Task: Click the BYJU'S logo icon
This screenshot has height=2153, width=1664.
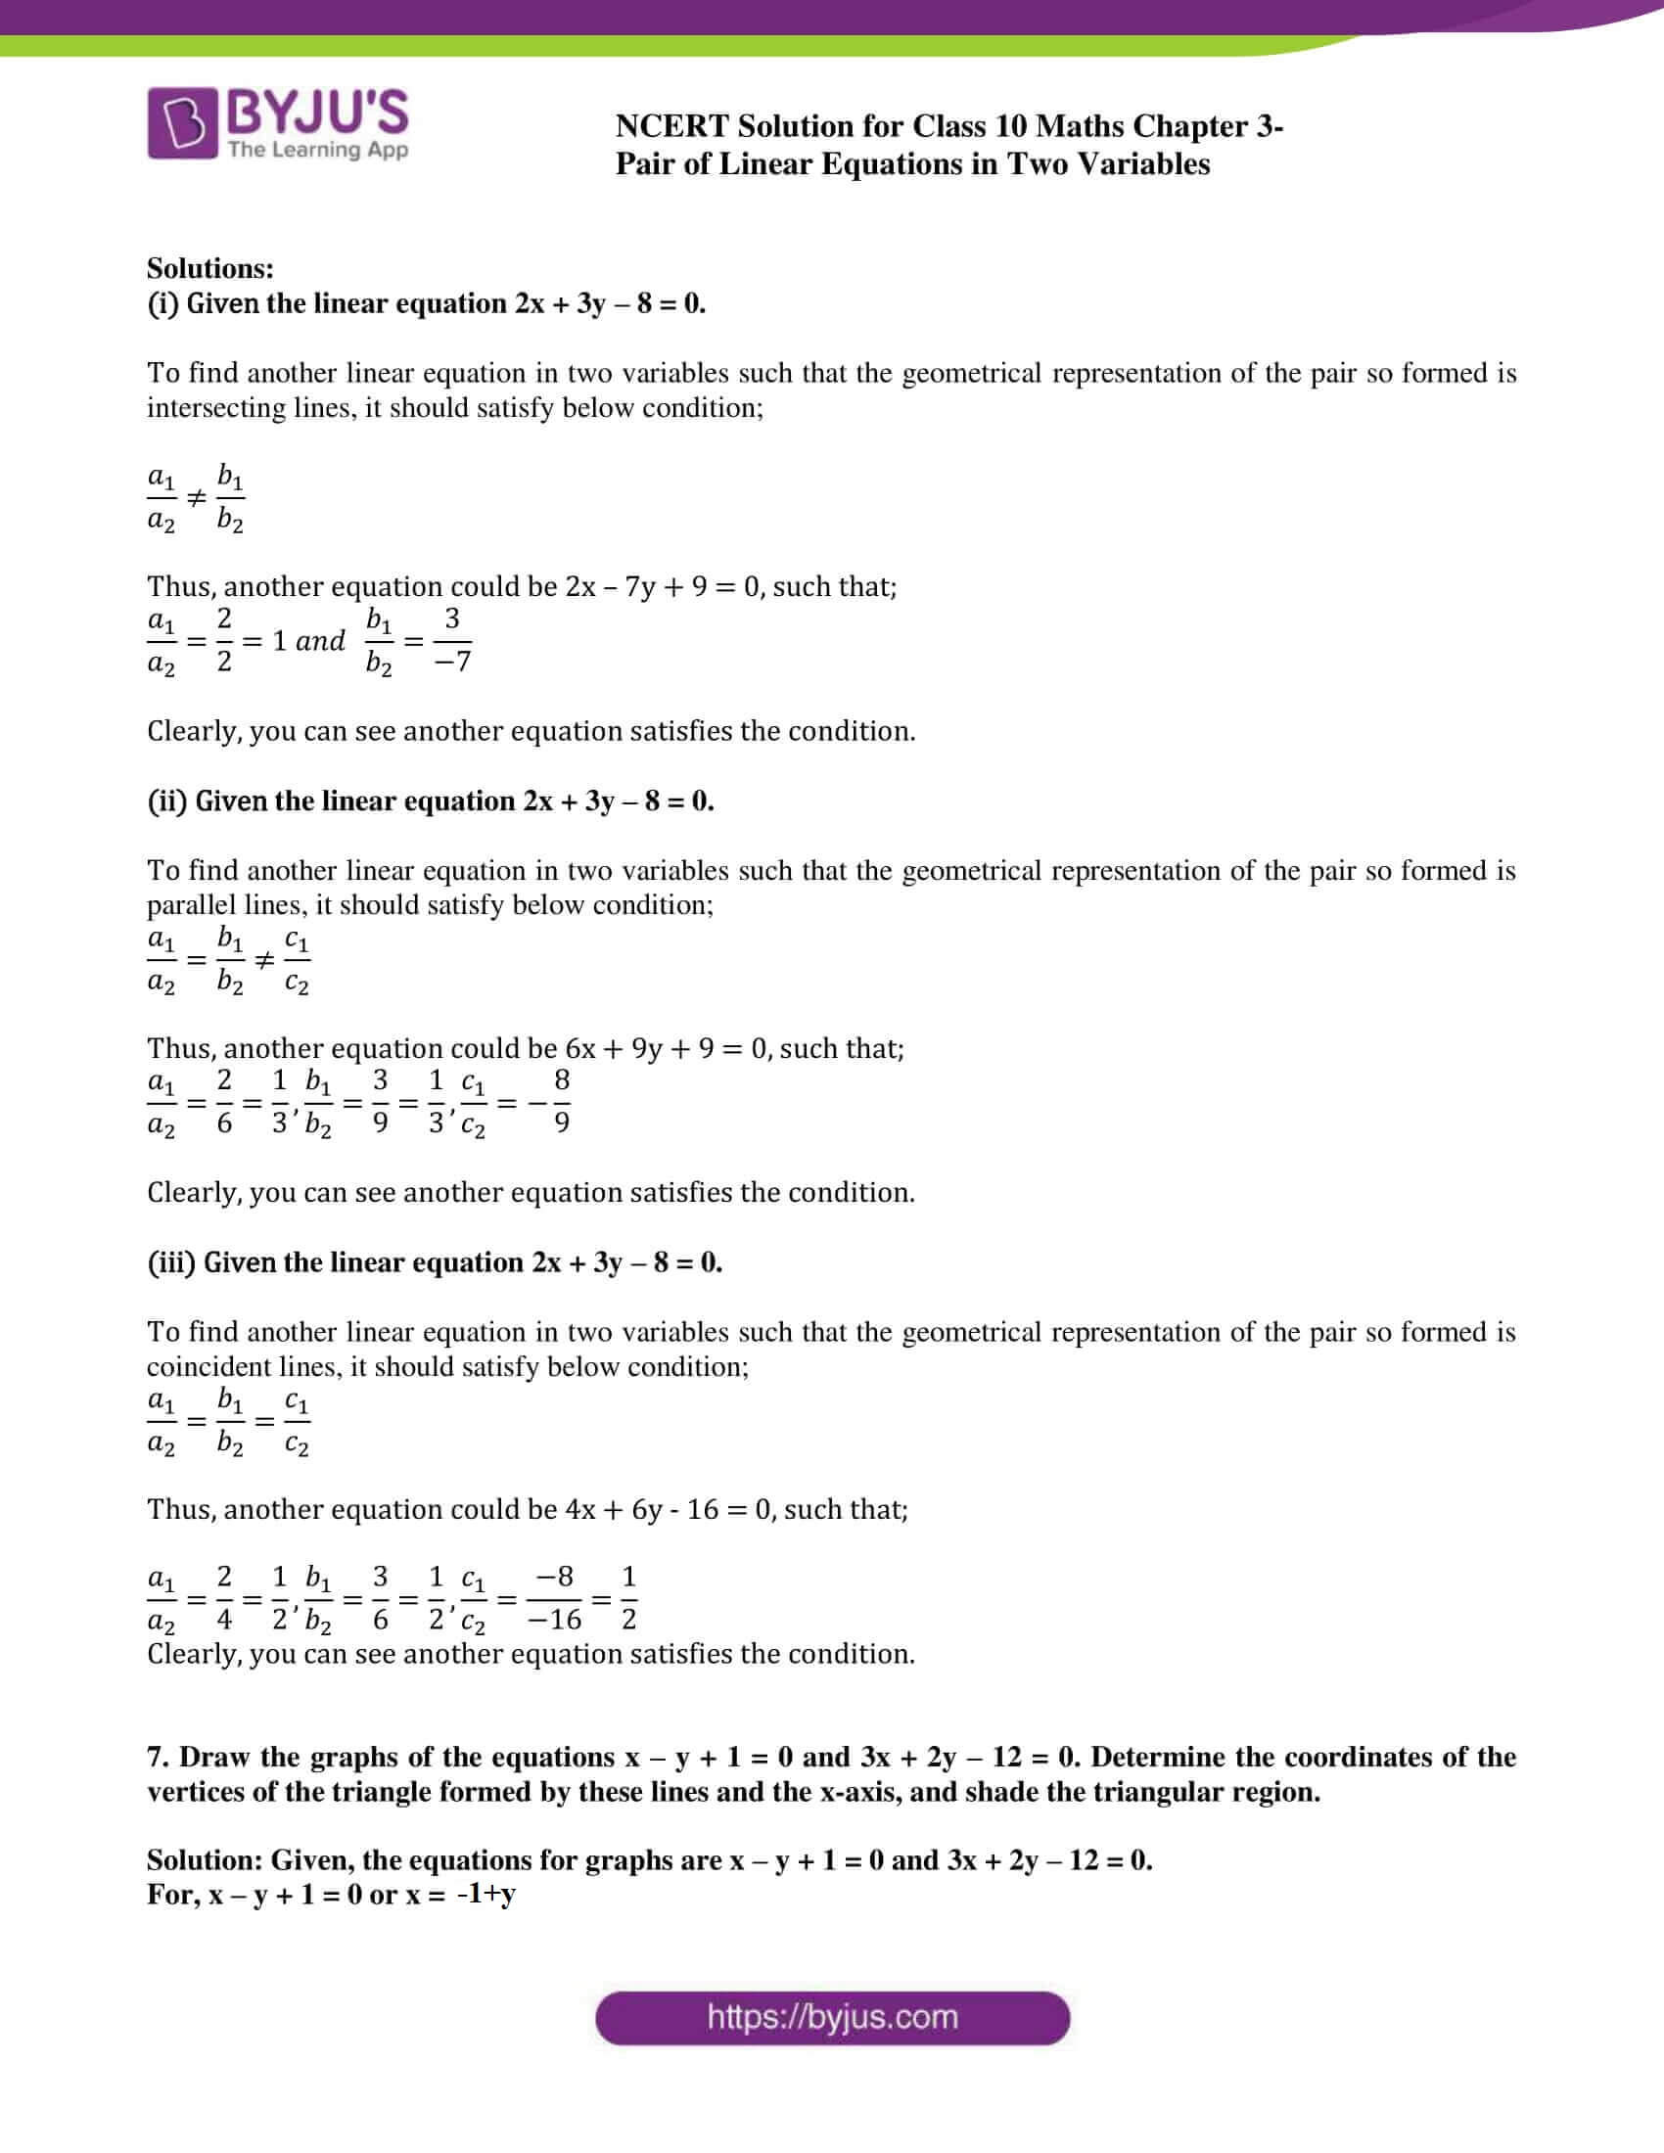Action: (x=182, y=123)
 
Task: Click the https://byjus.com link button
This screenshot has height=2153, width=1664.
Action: (x=832, y=2017)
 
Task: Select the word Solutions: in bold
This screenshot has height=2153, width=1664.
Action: (x=210, y=268)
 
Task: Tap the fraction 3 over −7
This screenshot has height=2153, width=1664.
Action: (x=452, y=641)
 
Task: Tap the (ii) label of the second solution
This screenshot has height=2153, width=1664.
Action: (x=166, y=801)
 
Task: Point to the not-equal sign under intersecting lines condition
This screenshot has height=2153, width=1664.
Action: (x=196, y=499)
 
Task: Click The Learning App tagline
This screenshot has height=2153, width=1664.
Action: (x=317, y=150)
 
